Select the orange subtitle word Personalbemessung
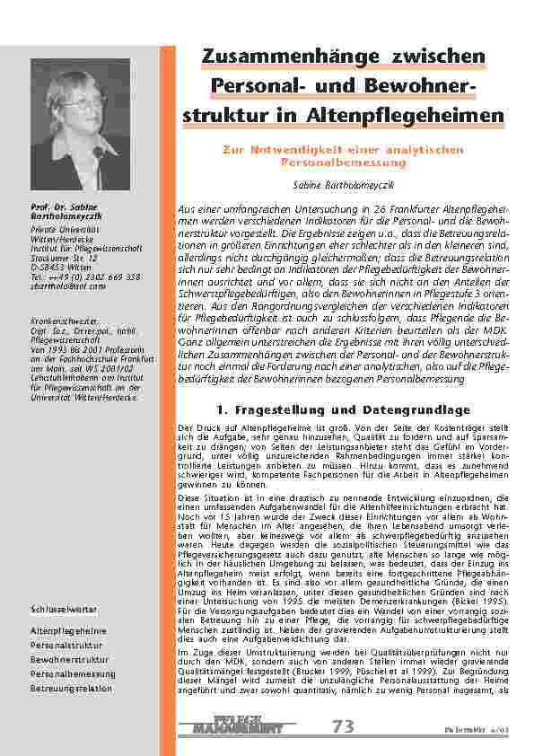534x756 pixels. coord(344,163)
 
